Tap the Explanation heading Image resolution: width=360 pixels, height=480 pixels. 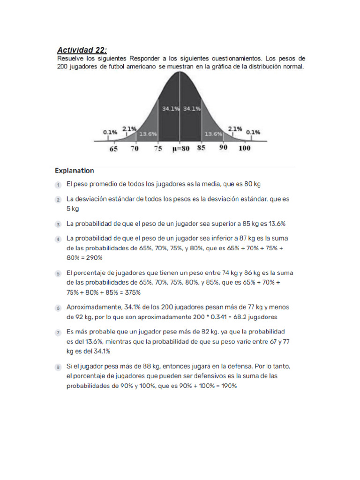coord(74,171)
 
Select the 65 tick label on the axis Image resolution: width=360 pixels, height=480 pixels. coord(113,149)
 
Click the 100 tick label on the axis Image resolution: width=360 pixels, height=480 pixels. coord(244,149)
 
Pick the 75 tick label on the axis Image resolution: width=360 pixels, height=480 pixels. coord(158,149)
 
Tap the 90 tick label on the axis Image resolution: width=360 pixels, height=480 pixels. coord(224,148)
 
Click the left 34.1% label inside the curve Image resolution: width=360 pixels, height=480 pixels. coord(171,109)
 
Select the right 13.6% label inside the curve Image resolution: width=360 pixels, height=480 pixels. coord(212,134)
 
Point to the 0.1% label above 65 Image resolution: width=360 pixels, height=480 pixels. coord(110,132)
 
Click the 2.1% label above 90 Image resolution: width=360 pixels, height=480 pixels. coord(235,128)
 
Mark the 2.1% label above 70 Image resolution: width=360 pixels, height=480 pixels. coord(129,128)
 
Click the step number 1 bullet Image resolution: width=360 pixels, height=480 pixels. coord(58,185)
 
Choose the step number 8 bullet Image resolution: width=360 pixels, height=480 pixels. coord(58,366)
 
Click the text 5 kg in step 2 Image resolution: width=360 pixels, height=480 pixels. coord(73,209)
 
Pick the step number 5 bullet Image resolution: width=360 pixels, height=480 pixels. coord(58,273)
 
